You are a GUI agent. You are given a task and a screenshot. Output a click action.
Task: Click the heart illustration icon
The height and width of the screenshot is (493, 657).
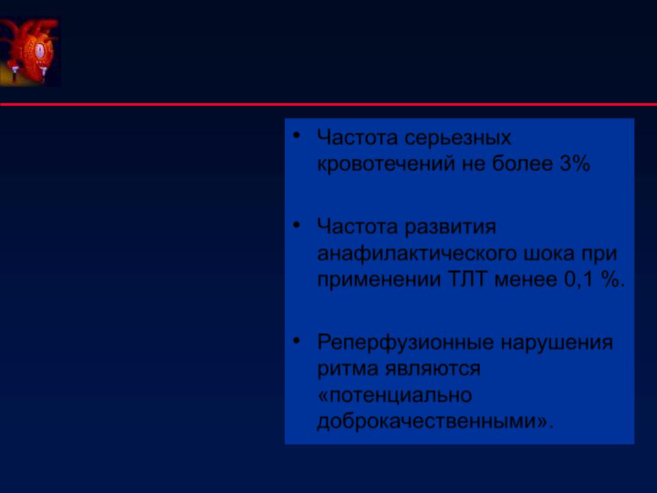[30, 52]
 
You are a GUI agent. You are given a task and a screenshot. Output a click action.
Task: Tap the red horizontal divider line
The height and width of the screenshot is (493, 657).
[328, 104]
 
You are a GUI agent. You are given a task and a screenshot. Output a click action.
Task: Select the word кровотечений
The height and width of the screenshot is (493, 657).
[386, 164]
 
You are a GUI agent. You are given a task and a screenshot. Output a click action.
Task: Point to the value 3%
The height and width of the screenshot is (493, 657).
[575, 163]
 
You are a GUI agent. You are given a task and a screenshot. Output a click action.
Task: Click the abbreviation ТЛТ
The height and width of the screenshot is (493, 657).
[468, 279]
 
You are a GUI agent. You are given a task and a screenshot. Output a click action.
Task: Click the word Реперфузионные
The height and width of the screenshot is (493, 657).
[406, 343]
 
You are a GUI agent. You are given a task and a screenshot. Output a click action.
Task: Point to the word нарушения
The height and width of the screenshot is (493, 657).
[557, 343]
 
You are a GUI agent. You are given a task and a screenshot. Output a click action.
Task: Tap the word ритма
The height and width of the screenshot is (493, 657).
[348, 369]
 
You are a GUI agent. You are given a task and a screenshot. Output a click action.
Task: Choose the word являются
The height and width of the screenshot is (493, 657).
[433, 369]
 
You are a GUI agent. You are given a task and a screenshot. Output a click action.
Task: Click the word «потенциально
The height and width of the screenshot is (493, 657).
[395, 395]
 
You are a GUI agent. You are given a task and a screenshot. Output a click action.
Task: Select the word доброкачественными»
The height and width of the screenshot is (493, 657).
[435, 421]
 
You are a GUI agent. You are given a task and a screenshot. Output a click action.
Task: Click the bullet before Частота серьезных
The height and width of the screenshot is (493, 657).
[296, 136]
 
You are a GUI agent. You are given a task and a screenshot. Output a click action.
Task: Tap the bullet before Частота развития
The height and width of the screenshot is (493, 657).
[296, 225]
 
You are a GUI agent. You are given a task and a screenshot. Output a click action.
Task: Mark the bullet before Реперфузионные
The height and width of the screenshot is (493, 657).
[296, 340]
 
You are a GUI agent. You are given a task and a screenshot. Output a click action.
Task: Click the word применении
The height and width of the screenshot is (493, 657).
[378, 280]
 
